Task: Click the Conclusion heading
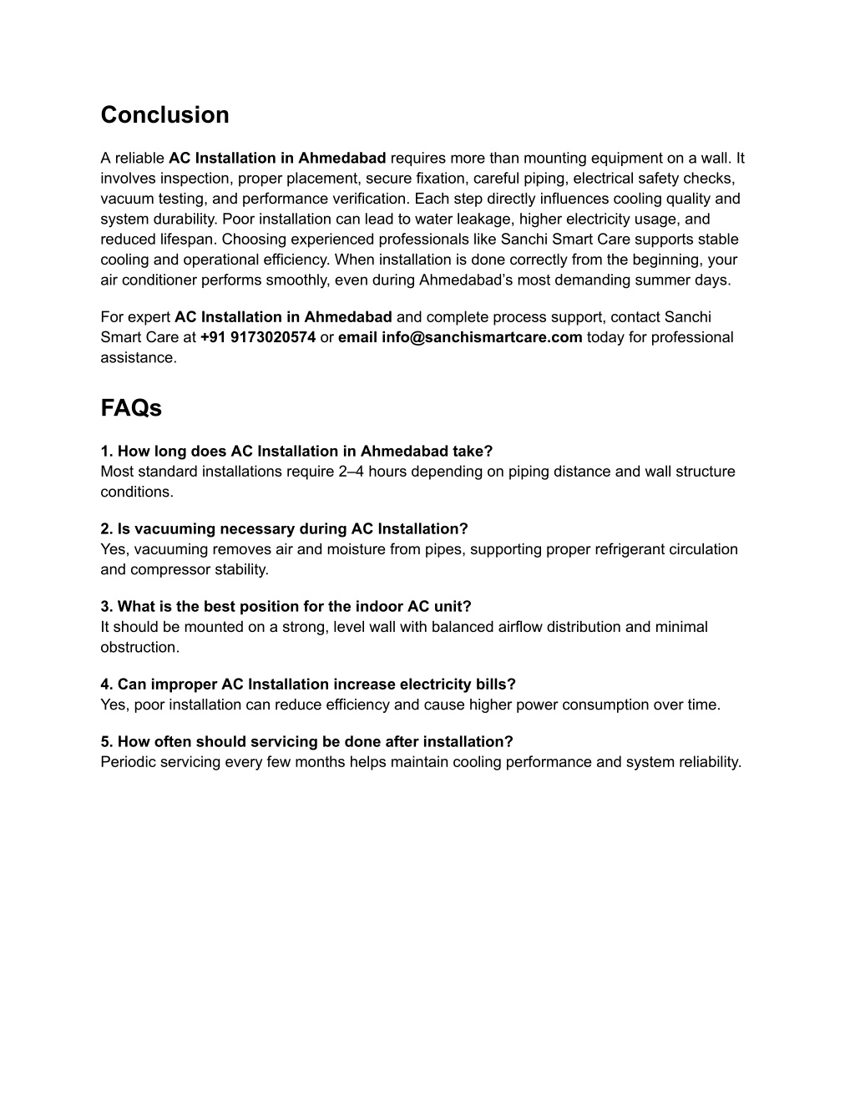click(x=164, y=115)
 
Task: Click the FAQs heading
click(x=131, y=408)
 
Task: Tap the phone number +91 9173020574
click(x=258, y=337)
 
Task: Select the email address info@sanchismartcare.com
click(x=482, y=337)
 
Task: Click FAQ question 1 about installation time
click(x=296, y=452)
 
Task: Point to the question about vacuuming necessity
click(x=284, y=529)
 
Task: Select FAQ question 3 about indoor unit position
click(x=286, y=607)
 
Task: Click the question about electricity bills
click(x=308, y=684)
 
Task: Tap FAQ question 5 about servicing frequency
click(x=306, y=742)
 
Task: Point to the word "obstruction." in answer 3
click(x=139, y=648)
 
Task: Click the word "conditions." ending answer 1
click(x=137, y=492)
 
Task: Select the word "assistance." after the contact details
click(x=139, y=358)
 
